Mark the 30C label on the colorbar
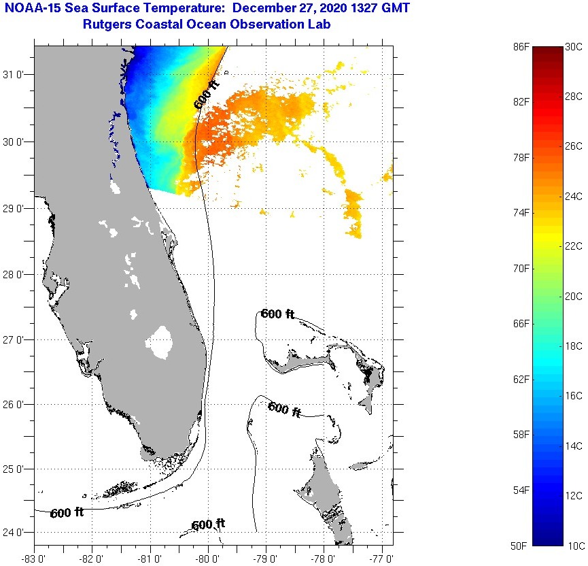point(574,46)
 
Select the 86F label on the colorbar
point(521,46)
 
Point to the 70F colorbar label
point(521,268)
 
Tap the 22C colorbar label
point(574,246)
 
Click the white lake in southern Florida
point(160,342)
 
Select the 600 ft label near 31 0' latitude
point(207,95)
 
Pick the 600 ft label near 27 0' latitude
point(277,314)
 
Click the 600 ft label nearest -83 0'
point(67,513)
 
